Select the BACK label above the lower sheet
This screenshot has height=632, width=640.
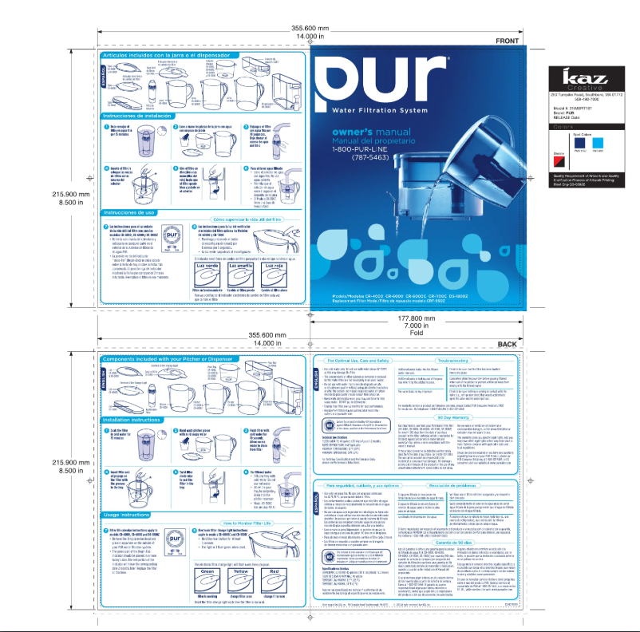pyautogui.click(x=508, y=344)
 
